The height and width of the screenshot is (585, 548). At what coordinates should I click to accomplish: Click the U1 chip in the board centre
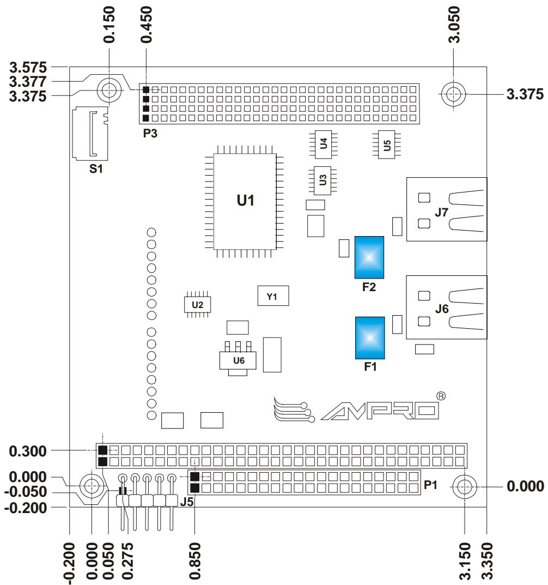[x=245, y=202]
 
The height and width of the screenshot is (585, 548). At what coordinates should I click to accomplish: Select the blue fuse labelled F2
[x=369, y=257]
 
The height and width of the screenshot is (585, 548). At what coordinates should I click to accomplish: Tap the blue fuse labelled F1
[x=370, y=338]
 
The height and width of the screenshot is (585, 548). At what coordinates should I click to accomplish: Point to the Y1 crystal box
[x=273, y=296]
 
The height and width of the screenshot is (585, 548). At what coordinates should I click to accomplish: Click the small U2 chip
[x=198, y=304]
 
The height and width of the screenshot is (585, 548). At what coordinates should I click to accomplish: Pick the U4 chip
[x=323, y=144]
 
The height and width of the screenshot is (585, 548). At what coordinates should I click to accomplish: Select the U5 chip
[x=387, y=145]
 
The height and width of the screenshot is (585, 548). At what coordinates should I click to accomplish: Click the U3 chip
[x=322, y=180]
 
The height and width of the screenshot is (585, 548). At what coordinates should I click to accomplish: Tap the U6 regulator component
[x=238, y=359]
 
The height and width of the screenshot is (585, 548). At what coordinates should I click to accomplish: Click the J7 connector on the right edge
[x=447, y=209]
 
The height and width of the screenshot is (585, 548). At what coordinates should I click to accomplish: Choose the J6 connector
[x=447, y=307]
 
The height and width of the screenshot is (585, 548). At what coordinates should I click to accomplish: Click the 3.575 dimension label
[x=28, y=68]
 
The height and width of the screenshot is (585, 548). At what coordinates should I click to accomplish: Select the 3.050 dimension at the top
[x=454, y=25]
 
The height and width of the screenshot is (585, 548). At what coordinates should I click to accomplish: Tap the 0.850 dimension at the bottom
[x=195, y=561]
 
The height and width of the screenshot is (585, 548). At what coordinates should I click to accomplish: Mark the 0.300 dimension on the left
[x=28, y=451]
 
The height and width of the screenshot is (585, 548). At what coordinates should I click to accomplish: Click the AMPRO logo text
[x=380, y=411]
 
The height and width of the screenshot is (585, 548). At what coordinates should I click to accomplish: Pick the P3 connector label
[x=150, y=133]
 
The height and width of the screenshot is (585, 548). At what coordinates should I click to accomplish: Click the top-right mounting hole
[x=453, y=94]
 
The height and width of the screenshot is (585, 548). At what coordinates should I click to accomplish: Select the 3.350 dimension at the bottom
[x=487, y=561]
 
